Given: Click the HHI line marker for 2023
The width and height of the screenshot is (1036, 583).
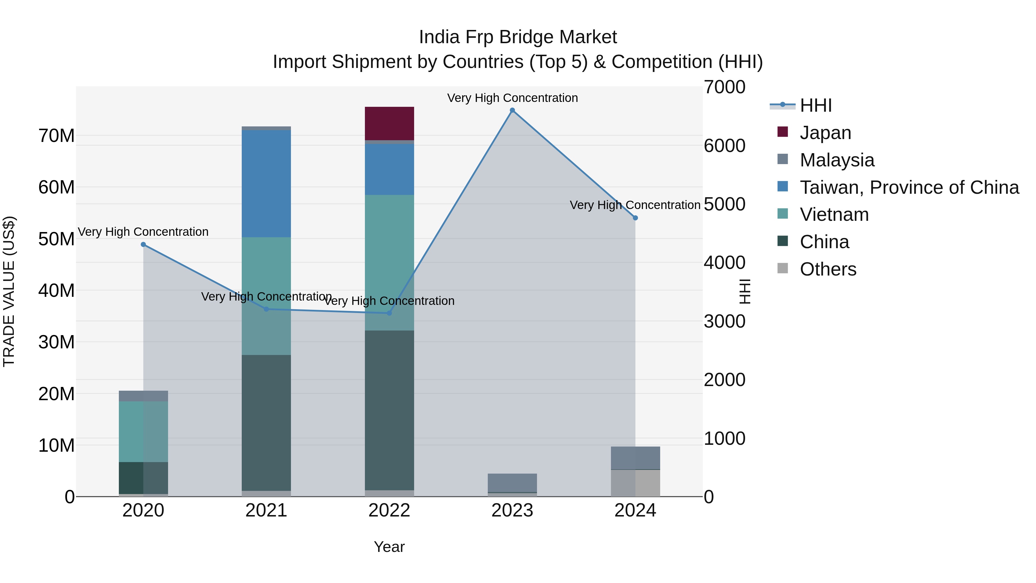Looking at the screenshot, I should [512, 110].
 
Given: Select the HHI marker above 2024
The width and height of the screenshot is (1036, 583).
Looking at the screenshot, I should [635, 218].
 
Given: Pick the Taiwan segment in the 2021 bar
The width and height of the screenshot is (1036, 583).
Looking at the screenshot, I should [266, 183].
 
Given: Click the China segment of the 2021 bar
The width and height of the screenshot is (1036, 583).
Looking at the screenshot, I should [266, 422].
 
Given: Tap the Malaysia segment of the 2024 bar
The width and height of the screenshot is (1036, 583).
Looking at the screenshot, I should [635, 458].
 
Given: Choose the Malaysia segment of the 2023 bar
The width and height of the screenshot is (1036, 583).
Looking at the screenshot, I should [512, 483].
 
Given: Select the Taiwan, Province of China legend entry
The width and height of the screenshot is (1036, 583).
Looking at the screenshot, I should [909, 187].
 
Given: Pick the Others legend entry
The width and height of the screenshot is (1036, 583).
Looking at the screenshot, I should [828, 269].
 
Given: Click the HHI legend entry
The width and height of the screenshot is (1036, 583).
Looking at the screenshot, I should [815, 105].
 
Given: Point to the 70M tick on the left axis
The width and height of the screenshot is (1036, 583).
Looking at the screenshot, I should [56, 136].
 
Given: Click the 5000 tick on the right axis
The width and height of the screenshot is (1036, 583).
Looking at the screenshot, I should [724, 204].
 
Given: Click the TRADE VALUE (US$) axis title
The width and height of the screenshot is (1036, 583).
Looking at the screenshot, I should [9, 291].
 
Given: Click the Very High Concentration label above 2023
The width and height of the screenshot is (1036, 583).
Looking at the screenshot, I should [512, 98].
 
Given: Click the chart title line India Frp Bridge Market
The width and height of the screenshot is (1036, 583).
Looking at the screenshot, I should [518, 37].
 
